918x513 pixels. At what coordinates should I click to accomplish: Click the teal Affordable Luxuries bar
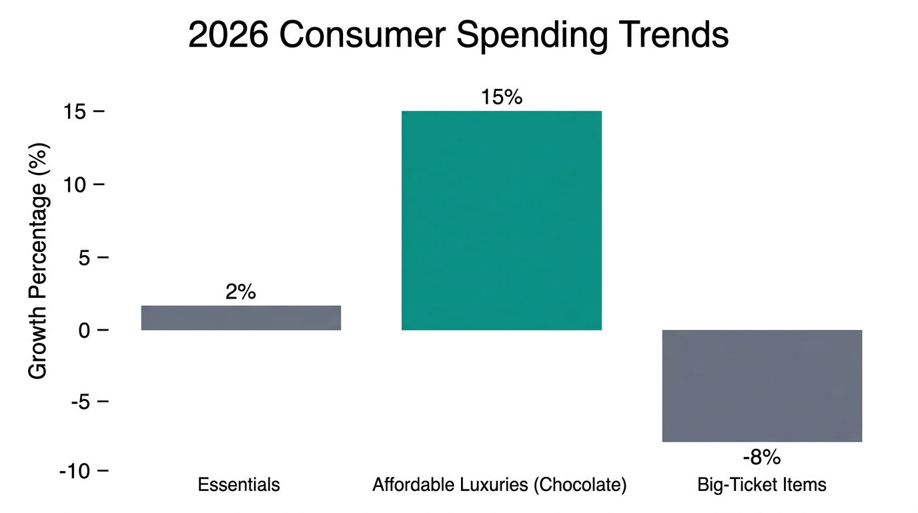coord(501,220)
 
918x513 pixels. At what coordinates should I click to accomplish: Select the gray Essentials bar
coord(241,318)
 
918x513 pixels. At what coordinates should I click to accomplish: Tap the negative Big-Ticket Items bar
coord(762,385)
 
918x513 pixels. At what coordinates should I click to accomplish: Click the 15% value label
coord(501,98)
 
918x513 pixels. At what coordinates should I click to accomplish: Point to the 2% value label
coord(241,292)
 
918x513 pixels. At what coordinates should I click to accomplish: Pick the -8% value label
coord(762,458)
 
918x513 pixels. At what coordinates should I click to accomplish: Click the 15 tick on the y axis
coord(76,112)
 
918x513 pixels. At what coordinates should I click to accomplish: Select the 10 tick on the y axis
coord(76,184)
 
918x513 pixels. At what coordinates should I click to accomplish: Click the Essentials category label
coord(239,484)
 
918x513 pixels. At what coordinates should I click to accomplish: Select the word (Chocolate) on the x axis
coord(580,485)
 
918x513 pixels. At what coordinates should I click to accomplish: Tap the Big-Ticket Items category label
coord(762,484)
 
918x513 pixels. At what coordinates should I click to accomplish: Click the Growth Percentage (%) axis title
coord(39,261)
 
